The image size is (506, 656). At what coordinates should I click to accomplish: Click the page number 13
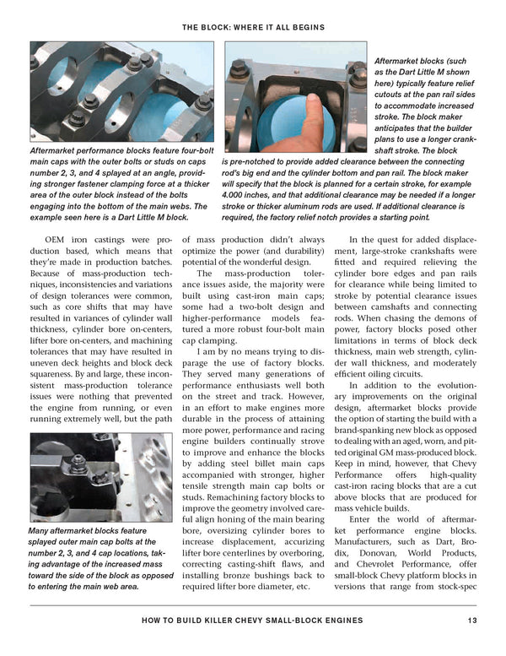point(472,621)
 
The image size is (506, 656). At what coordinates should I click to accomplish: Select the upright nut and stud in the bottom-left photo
point(77,464)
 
